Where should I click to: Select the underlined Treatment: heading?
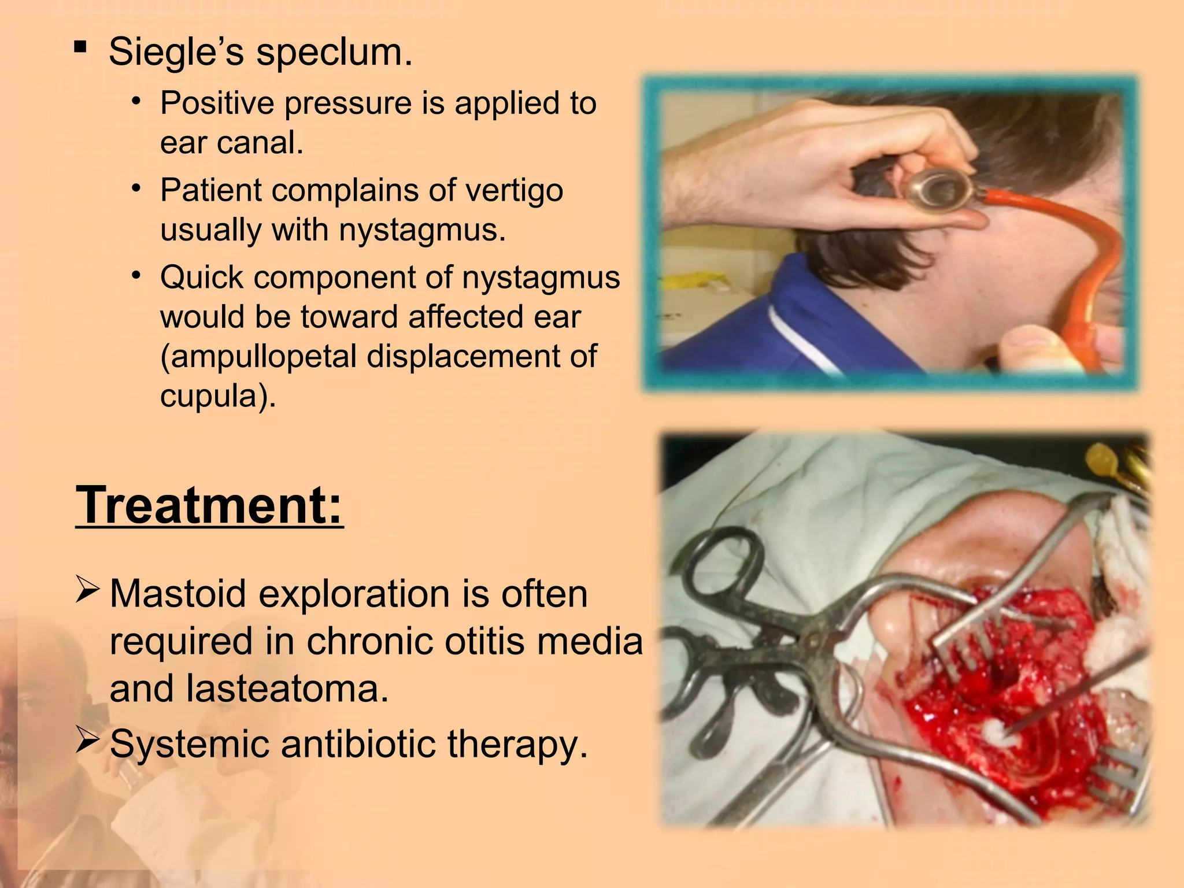[209, 505]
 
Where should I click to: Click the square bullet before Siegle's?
[81, 46]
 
